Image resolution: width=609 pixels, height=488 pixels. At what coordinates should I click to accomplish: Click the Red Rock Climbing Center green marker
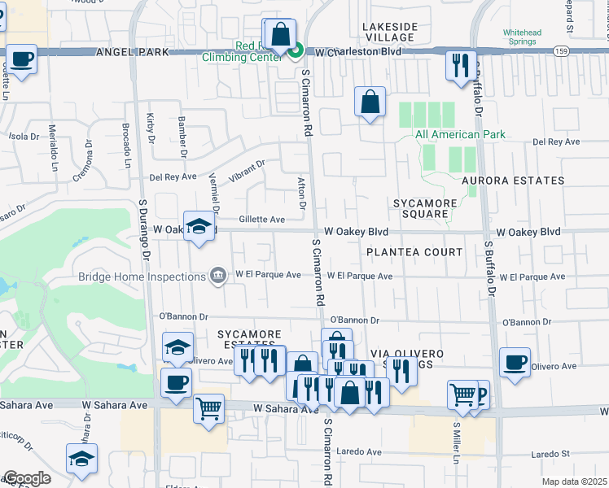[x=296, y=50]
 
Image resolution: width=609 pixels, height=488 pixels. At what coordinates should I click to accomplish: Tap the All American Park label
[x=460, y=134]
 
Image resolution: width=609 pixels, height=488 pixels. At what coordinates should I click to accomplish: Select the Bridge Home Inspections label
[x=142, y=277]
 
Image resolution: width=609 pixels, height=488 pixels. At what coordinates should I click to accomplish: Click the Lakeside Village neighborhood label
[x=391, y=32]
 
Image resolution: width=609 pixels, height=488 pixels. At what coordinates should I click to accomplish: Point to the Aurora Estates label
[x=512, y=181]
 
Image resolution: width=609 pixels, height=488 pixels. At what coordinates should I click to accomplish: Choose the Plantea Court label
[x=414, y=252]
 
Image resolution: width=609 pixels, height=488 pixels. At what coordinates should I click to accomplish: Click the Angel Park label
[x=132, y=51]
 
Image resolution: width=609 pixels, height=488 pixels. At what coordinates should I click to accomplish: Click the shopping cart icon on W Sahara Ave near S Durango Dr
[x=209, y=407]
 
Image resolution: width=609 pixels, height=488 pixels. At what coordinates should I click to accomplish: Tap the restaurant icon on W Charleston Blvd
[x=461, y=63]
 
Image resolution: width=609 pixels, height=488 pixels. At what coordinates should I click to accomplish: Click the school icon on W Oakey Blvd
[x=198, y=227]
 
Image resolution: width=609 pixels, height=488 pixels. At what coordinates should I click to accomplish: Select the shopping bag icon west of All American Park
[x=370, y=102]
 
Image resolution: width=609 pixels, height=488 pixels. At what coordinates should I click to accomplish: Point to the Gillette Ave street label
[x=261, y=220]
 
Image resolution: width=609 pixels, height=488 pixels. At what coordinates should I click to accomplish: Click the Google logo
[x=27, y=478]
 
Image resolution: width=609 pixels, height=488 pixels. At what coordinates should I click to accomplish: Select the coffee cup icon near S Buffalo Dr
[x=515, y=363]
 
